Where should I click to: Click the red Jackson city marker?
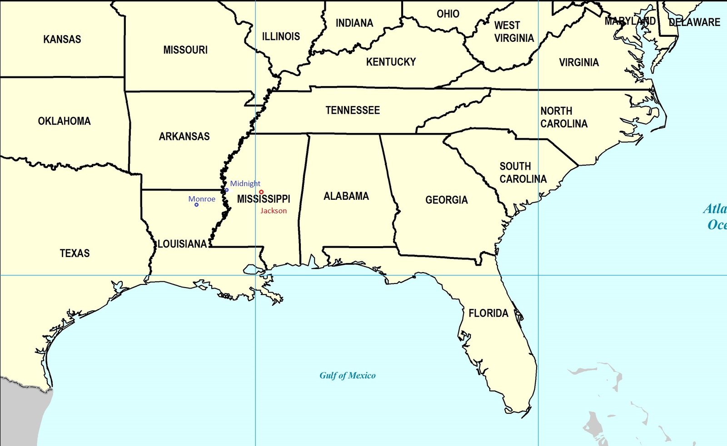coord(261,192)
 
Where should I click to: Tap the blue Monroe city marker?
coord(196,205)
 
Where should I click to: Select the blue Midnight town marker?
coord(227,190)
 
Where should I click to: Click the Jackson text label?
coord(274,211)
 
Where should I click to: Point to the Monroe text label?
coord(202,199)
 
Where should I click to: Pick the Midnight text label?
coord(245,183)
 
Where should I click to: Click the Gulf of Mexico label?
coord(348,375)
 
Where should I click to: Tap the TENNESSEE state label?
coord(353,110)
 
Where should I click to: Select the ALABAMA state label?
coord(346,196)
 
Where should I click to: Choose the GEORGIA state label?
coord(447,200)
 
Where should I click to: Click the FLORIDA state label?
coord(488,313)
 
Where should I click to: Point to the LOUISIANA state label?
coord(182,244)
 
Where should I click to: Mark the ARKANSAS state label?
coord(184,137)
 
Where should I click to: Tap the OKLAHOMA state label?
coord(65,121)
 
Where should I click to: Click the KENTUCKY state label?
coord(391,62)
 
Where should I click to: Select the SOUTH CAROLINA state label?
coord(523,172)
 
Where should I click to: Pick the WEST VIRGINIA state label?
coord(514,32)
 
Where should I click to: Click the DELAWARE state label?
coord(694,22)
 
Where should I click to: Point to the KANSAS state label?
coord(62,39)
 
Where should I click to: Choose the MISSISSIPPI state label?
coord(264,199)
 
